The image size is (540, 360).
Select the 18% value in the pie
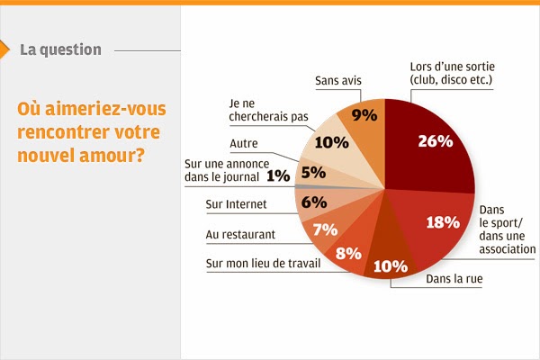[443, 222]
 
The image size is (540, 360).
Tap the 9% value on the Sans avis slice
[364, 114]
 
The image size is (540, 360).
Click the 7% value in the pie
[325, 229]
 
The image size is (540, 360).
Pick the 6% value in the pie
[313, 202]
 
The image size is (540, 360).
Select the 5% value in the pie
[312, 171]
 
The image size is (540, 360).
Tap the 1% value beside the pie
[278, 176]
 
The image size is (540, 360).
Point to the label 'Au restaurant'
[240, 235]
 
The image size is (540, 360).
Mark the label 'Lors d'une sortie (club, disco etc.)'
[453, 74]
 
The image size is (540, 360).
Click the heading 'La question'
[60, 49]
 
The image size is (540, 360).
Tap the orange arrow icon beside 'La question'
[7, 49]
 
